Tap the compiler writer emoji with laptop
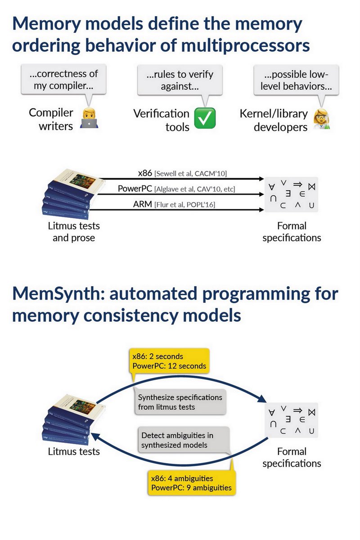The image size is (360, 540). coord(89,118)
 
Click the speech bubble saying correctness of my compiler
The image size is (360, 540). coord(66,79)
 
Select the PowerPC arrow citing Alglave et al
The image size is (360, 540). coord(180,194)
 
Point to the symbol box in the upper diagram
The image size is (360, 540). coord(291,194)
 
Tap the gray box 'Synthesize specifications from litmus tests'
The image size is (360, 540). coord(180,402)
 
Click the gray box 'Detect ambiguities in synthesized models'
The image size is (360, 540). coord(183,440)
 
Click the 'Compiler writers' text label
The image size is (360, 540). coord(51,119)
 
